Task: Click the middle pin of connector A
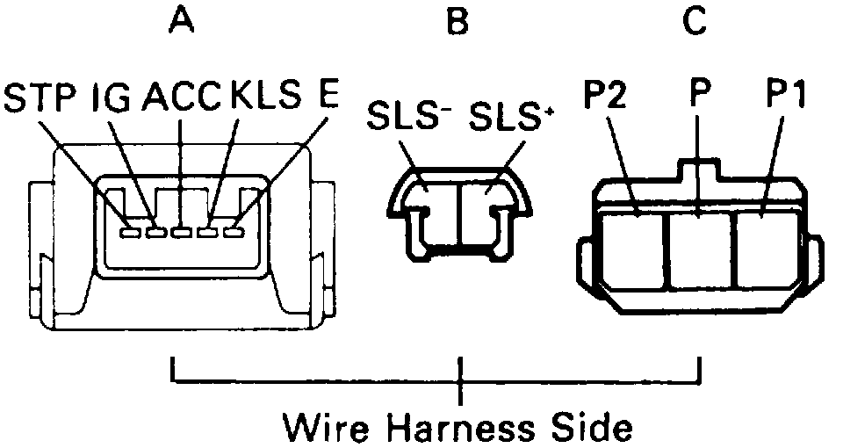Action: coord(182,233)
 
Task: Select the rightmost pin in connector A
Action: coord(233,233)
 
